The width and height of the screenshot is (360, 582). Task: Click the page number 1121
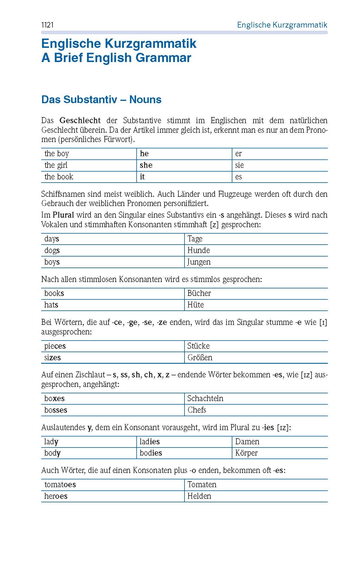coord(48,25)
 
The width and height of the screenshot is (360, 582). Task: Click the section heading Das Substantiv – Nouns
coord(101,99)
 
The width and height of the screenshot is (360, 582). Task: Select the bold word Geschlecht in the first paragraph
coord(80,121)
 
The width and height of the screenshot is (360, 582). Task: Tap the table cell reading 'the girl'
coord(56,165)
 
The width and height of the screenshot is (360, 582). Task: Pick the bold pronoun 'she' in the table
coord(146,165)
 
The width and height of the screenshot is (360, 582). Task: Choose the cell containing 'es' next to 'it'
coord(238,177)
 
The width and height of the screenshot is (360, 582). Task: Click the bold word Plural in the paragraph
coord(63,215)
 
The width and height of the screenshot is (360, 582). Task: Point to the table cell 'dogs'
coord(52,250)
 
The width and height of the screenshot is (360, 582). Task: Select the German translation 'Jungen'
coord(199,262)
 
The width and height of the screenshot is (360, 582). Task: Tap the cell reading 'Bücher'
coord(199,293)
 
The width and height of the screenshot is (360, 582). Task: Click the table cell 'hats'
coord(51,305)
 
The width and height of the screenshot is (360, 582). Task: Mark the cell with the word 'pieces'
coord(55,346)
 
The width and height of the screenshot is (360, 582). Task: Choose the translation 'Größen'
coord(200,358)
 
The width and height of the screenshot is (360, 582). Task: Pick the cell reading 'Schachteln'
coord(205,399)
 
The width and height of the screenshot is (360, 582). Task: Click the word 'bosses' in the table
coord(56,410)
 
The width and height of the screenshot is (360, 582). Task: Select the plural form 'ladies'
coord(150,442)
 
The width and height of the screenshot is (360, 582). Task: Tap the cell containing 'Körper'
coord(246,453)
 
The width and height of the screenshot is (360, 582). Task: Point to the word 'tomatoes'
coord(60,485)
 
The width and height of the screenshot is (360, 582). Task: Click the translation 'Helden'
coord(199,496)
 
